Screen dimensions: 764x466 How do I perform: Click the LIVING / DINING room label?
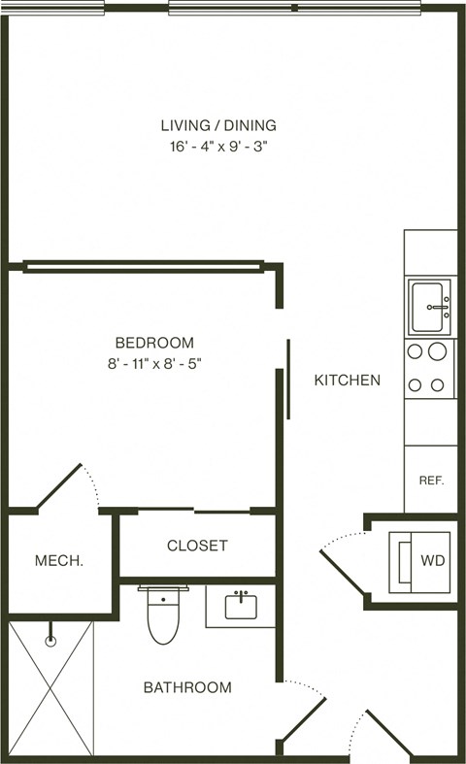pos(217,124)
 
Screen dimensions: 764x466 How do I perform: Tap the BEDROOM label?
pos(154,343)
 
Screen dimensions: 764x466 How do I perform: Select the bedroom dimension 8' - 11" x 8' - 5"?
pos(154,365)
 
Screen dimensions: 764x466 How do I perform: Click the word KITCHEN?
pos(347,381)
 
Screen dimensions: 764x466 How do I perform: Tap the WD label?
pos(432,561)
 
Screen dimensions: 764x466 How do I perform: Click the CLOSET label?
pos(197,546)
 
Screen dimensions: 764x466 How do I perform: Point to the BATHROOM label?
pos(187,688)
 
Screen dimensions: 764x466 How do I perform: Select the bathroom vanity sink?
pos(241,606)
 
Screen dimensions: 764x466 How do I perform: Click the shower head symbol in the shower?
pos(51,641)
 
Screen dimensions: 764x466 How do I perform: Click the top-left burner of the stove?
pos(415,352)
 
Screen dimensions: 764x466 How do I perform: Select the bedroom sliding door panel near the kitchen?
pos(288,379)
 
